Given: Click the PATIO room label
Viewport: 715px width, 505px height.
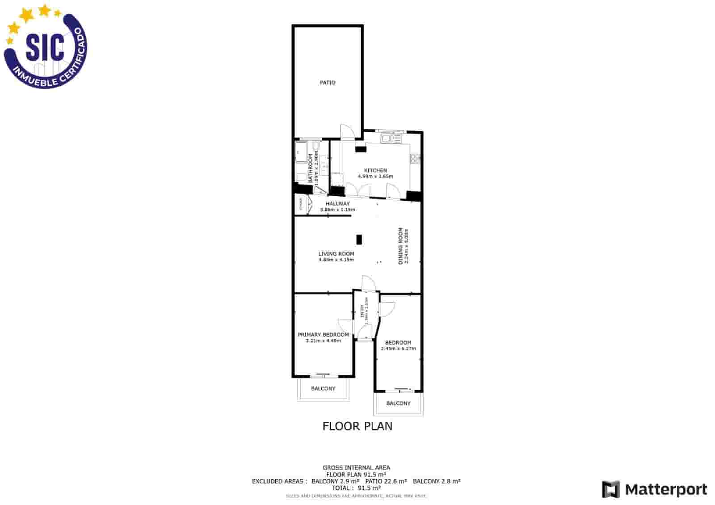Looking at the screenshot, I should point(328,83).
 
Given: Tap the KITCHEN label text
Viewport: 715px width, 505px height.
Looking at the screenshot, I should point(375,170).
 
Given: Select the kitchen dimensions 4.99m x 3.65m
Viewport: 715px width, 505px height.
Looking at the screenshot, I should point(375,177).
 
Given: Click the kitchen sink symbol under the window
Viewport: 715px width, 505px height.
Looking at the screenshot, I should point(391,139).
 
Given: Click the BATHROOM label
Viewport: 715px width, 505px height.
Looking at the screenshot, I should point(311,168).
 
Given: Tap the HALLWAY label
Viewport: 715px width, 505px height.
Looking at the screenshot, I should point(337,204).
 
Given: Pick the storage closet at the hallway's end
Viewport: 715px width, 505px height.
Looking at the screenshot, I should point(302,205).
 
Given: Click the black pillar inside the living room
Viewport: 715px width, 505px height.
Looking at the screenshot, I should point(359,240).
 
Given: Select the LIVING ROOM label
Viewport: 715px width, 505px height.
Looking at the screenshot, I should point(336,254).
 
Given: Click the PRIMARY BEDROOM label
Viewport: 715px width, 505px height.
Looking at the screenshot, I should point(323,335).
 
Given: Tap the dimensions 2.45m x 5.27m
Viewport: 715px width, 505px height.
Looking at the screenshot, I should point(398,349).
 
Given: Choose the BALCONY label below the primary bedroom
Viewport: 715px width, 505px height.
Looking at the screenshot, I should point(323,389).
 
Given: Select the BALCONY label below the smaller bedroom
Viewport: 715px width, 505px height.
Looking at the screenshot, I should point(398,404).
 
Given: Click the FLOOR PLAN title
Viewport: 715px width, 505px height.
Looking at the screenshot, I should point(357,426).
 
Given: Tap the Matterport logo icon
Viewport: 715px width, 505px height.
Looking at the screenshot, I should point(611,489).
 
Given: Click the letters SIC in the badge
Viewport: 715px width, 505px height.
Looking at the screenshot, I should point(44,46).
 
